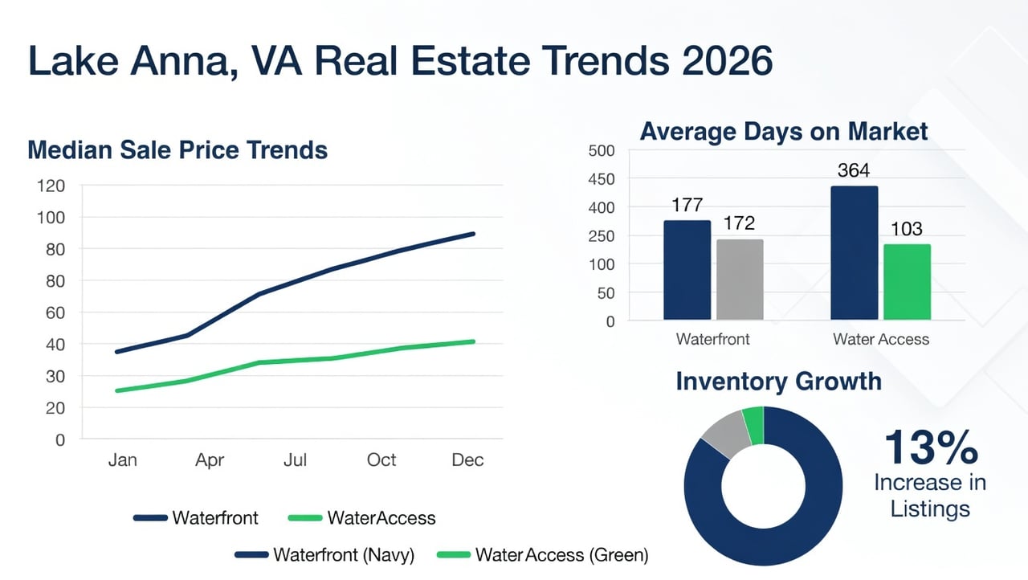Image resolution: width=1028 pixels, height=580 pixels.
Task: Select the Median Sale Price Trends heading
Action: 177,150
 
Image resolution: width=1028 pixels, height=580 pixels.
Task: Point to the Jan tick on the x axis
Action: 122,460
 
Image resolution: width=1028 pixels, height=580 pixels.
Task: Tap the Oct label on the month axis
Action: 381,460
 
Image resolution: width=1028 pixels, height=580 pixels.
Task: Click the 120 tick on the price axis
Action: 51,186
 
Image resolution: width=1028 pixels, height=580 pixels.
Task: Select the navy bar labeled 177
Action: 687,270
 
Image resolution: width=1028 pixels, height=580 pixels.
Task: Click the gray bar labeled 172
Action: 740,280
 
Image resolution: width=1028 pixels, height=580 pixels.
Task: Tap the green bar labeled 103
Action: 907,282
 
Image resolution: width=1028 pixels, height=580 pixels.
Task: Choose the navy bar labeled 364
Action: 854,253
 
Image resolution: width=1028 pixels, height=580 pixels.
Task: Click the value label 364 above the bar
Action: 853,170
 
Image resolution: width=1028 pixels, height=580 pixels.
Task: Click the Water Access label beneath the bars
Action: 881,339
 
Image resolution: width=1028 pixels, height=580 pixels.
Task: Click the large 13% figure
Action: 931,448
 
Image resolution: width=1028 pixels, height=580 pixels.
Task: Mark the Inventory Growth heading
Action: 778,381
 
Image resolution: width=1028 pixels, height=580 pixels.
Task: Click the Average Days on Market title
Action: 783,132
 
